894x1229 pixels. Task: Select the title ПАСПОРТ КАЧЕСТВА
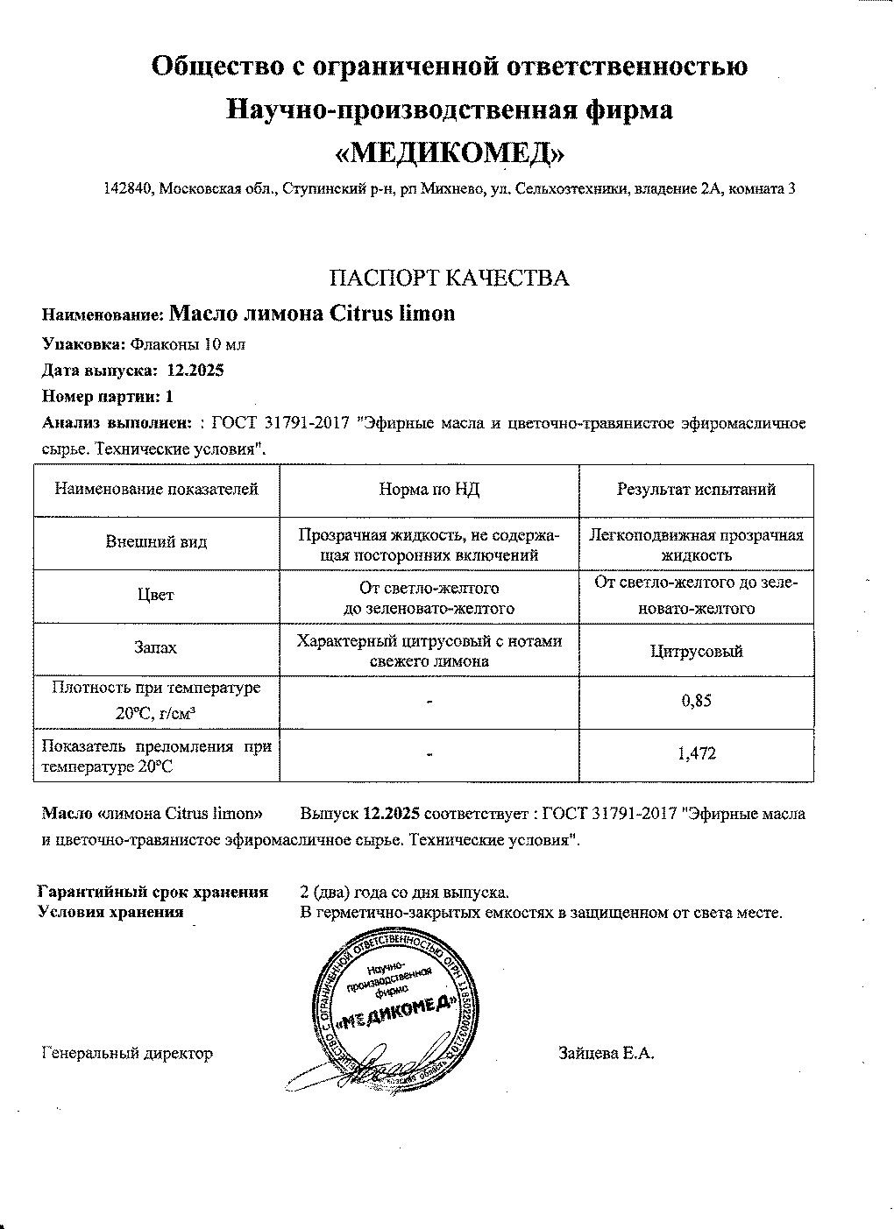(x=449, y=279)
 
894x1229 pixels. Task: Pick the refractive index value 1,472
(x=697, y=752)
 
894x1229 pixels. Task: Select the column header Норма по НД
(x=429, y=490)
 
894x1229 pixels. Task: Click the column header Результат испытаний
(x=696, y=490)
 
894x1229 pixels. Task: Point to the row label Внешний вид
(x=156, y=542)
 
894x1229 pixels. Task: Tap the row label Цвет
(x=156, y=595)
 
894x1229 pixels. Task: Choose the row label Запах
(x=156, y=648)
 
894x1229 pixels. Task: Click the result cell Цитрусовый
(x=696, y=651)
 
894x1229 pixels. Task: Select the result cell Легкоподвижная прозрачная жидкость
(x=696, y=545)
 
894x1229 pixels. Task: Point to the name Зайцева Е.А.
(x=607, y=1054)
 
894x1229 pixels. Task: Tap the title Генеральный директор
(x=127, y=1054)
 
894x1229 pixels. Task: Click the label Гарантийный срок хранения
(x=153, y=893)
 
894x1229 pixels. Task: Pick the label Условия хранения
(x=112, y=912)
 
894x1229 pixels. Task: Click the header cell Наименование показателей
(x=156, y=490)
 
